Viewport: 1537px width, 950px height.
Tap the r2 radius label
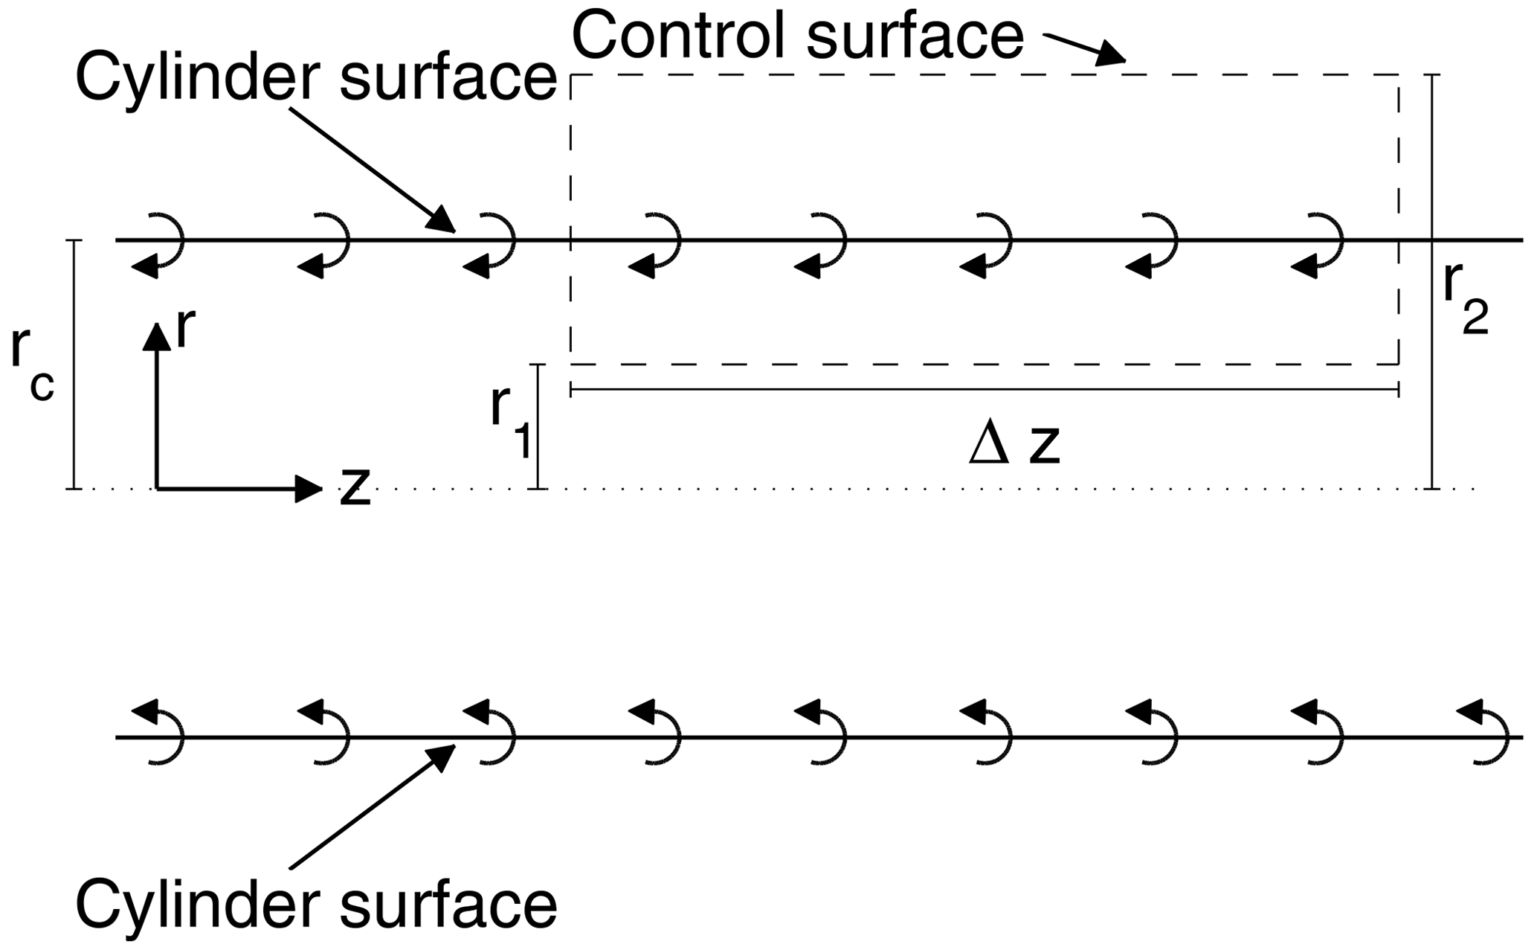(x=1464, y=301)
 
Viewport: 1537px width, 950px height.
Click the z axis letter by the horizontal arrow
(x=355, y=487)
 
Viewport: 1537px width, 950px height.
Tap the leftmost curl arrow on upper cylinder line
(x=158, y=245)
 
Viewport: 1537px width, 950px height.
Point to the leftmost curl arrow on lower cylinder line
(x=158, y=733)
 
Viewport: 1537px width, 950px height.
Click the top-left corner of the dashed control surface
(x=571, y=75)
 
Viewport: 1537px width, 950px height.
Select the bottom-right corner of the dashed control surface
(x=1399, y=364)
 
